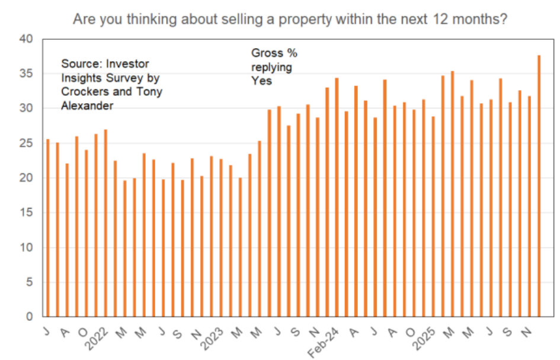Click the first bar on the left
pos(48,228)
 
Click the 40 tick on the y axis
pos(29,39)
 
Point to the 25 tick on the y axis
pos(29,144)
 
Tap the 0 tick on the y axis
pos(32,317)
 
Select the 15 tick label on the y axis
pos(29,213)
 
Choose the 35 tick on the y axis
pos(29,74)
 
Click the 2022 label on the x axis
pos(100,335)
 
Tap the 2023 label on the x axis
pos(215,335)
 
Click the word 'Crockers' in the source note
pos(82,92)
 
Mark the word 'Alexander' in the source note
pos(86,106)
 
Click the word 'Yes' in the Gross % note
pos(261,81)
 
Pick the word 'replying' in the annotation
pos(271,67)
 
